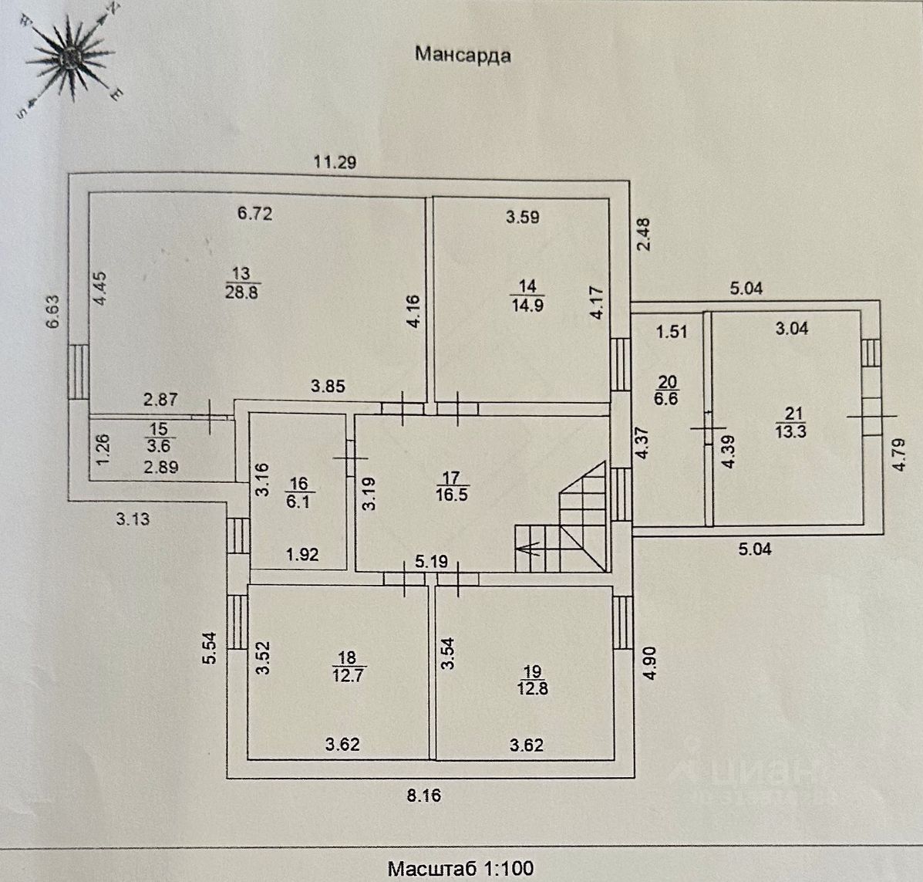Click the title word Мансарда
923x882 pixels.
tap(463, 55)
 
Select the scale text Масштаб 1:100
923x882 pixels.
tap(460, 868)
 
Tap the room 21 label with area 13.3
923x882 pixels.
tap(790, 424)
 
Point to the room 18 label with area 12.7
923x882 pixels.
tap(347, 666)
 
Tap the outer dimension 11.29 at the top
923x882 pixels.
tap(335, 162)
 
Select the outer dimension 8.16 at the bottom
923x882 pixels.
tap(423, 794)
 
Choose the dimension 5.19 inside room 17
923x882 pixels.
tap(431, 562)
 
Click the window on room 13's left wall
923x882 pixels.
tap(77, 371)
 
